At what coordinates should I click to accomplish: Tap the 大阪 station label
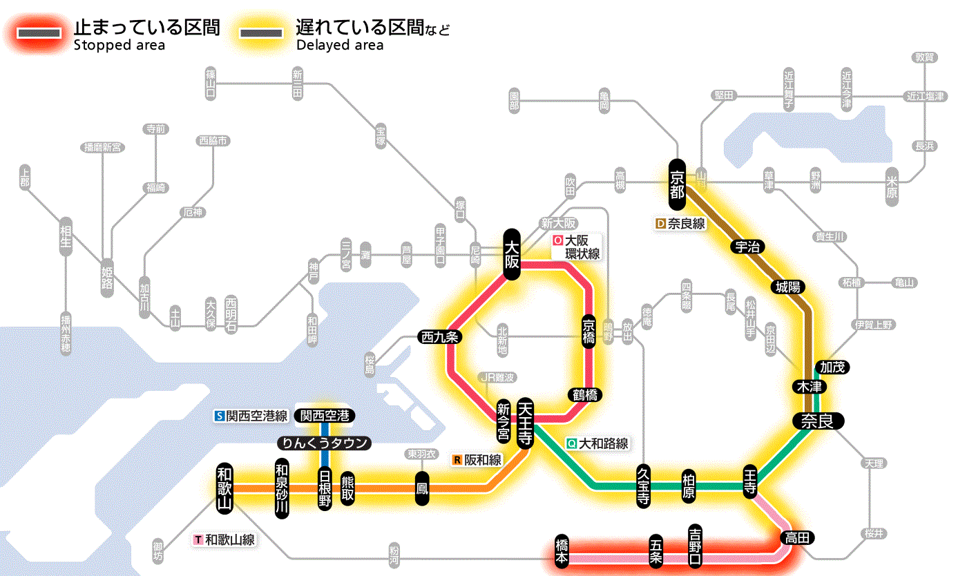[511, 254]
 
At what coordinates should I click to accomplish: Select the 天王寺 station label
[526, 423]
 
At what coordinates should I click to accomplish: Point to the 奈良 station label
[817, 421]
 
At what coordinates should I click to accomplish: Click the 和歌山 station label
[224, 488]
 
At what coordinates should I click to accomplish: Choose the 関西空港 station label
[325, 416]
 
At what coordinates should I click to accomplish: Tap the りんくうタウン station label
[324, 443]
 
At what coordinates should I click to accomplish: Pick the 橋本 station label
[562, 552]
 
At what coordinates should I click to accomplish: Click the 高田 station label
[798, 537]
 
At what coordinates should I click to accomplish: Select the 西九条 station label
[440, 337]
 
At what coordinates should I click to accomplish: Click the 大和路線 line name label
[597, 443]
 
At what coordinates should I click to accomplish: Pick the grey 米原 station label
[891, 186]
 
